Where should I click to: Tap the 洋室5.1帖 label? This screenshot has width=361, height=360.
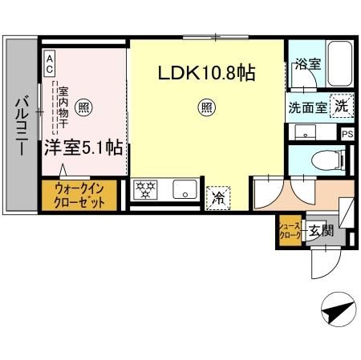pyautogui.click(x=84, y=148)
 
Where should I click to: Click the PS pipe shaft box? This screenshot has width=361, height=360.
pyautogui.click(x=347, y=135)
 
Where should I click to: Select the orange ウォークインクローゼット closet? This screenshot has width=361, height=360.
pyautogui.click(x=79, y=193)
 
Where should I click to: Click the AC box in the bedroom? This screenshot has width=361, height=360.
pyautogui.click(x=50, y=59)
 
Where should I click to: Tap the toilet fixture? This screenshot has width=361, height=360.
pyautogui.click(x=325, y=159)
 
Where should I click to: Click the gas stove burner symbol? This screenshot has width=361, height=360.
pyautogui.click(x=147, y=189)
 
